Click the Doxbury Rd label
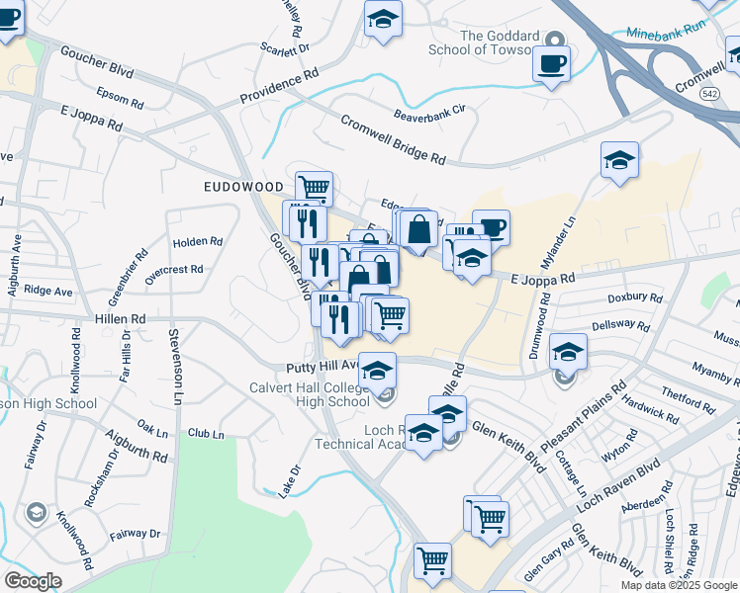[634, 296]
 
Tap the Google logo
[33, 580]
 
